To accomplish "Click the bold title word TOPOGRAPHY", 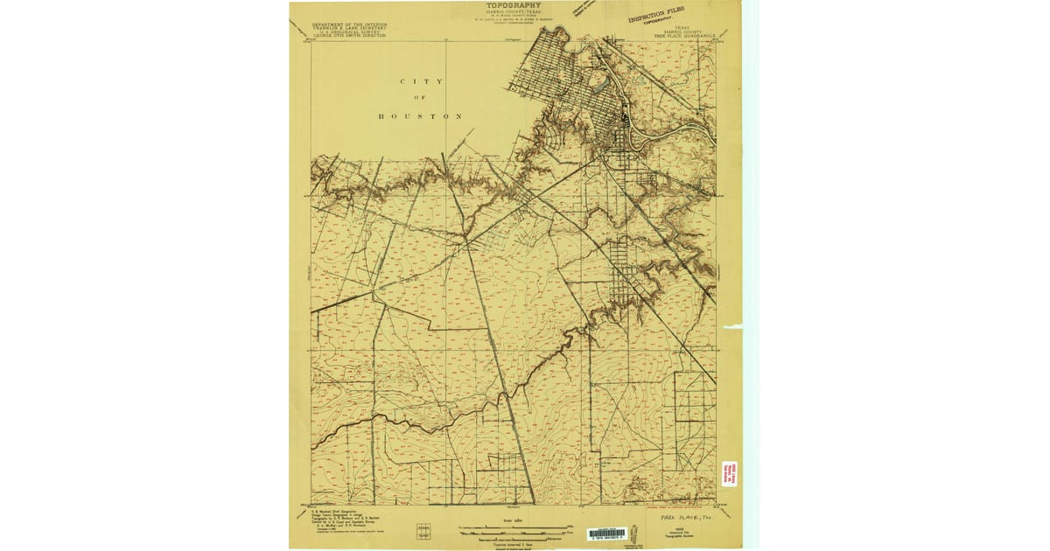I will (514, 5).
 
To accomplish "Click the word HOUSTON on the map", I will (421, 116).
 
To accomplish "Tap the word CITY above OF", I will (422, 81).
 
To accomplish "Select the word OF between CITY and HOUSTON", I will (422, 99).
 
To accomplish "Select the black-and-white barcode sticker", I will (607, 533).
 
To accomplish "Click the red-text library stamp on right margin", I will (728, 475).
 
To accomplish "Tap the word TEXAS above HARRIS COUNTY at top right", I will (682, 27).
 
